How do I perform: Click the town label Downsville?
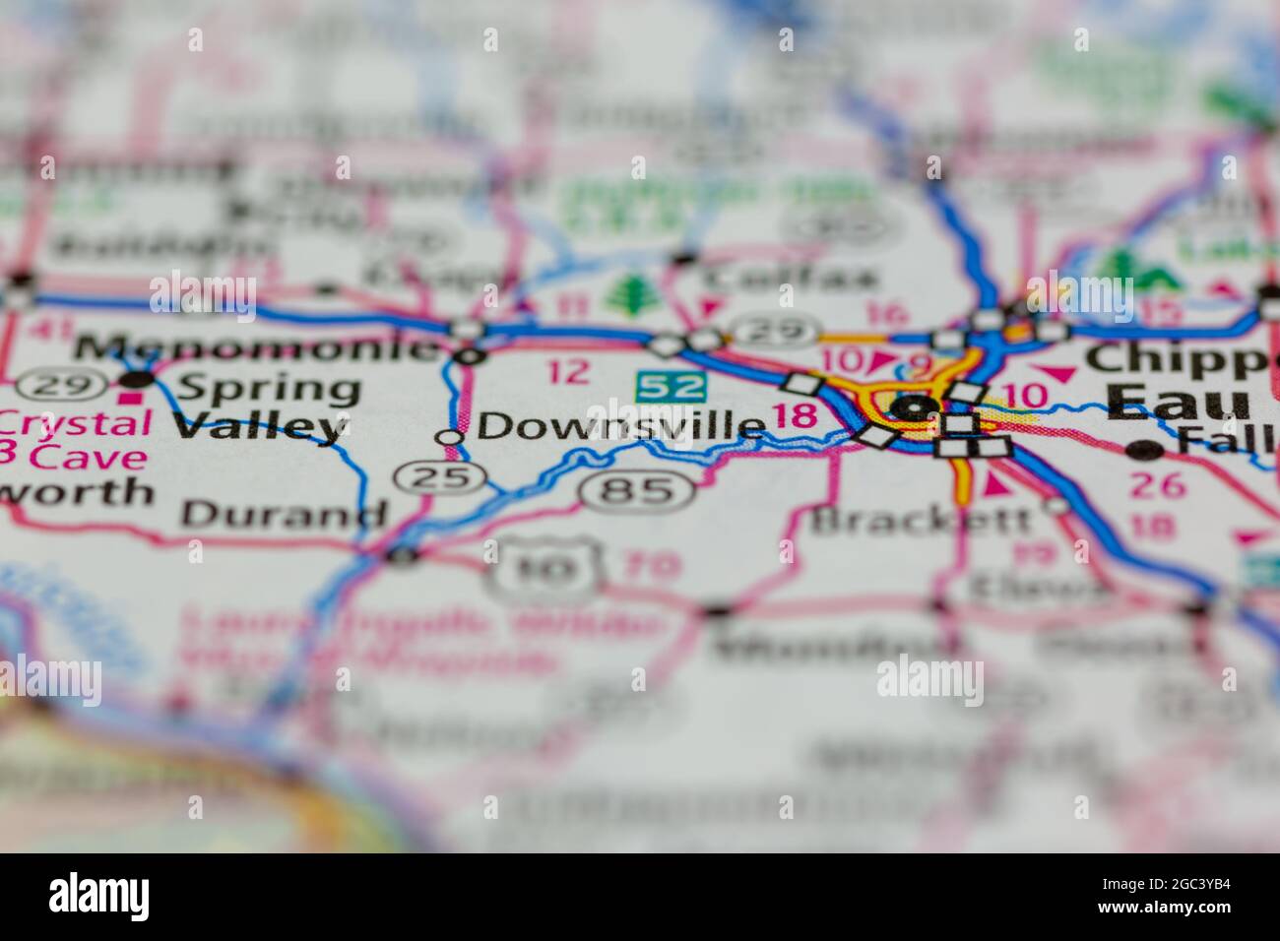(620, 425)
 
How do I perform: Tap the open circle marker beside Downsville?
(450, 436)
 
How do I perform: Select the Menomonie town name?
(257, 347)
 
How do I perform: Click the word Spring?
(266, 389)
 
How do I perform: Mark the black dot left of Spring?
(137, 379)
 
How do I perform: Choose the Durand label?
(285, 513)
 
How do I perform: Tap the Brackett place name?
(922, 518)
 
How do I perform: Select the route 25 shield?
(441, 477)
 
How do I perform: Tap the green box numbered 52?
(671, 385)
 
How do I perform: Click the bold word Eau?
(1178, 401)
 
